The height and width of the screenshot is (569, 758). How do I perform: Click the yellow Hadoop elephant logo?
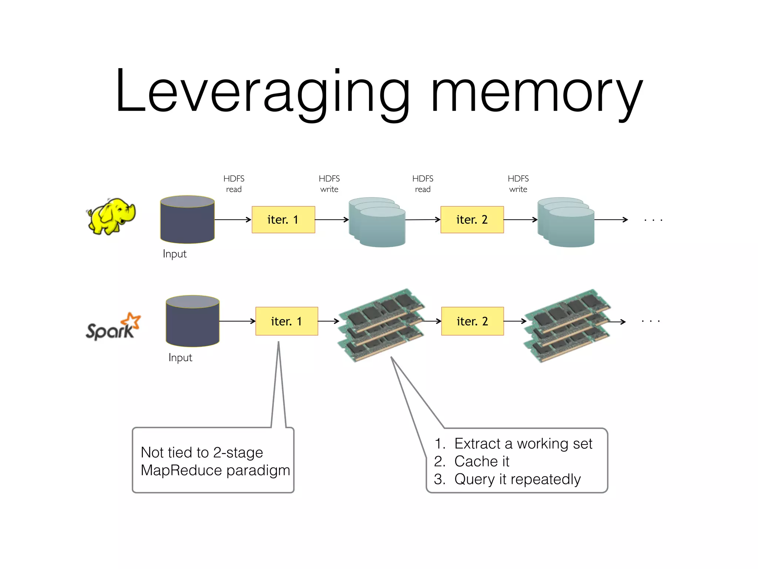pyautogui.click(x=111, y=217)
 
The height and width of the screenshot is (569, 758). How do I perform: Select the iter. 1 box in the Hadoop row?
pyautogui.click(x=283, y=220)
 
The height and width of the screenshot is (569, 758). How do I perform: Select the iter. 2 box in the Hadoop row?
pyautogui.click(x=472, y=220)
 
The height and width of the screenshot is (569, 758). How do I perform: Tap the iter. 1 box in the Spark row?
pyautogui.click(x=286, y=321)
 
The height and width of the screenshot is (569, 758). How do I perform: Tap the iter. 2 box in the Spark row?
pyautogui.click(x=472, y=321)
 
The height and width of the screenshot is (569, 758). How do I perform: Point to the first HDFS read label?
pyautogui.click(x=234, y=184)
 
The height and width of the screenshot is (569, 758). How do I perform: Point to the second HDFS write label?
pyautogui.click(x=518, y=184)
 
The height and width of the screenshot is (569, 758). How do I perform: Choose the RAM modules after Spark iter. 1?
pyautogui.click(x=381, y=325)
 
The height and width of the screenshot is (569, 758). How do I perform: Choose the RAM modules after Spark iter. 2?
pyautogui.click(x=567, y=325)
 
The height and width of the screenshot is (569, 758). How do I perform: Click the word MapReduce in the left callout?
pyautogui.click(x=181, y=470)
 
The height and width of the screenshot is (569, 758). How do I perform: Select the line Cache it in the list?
pyautogui.click(x=481, y=462)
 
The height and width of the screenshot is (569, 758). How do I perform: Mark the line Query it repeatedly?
pyautogui.click(x=517, y=479)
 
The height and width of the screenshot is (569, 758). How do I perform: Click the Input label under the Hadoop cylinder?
pyautogui.click(x=175, y=254)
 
